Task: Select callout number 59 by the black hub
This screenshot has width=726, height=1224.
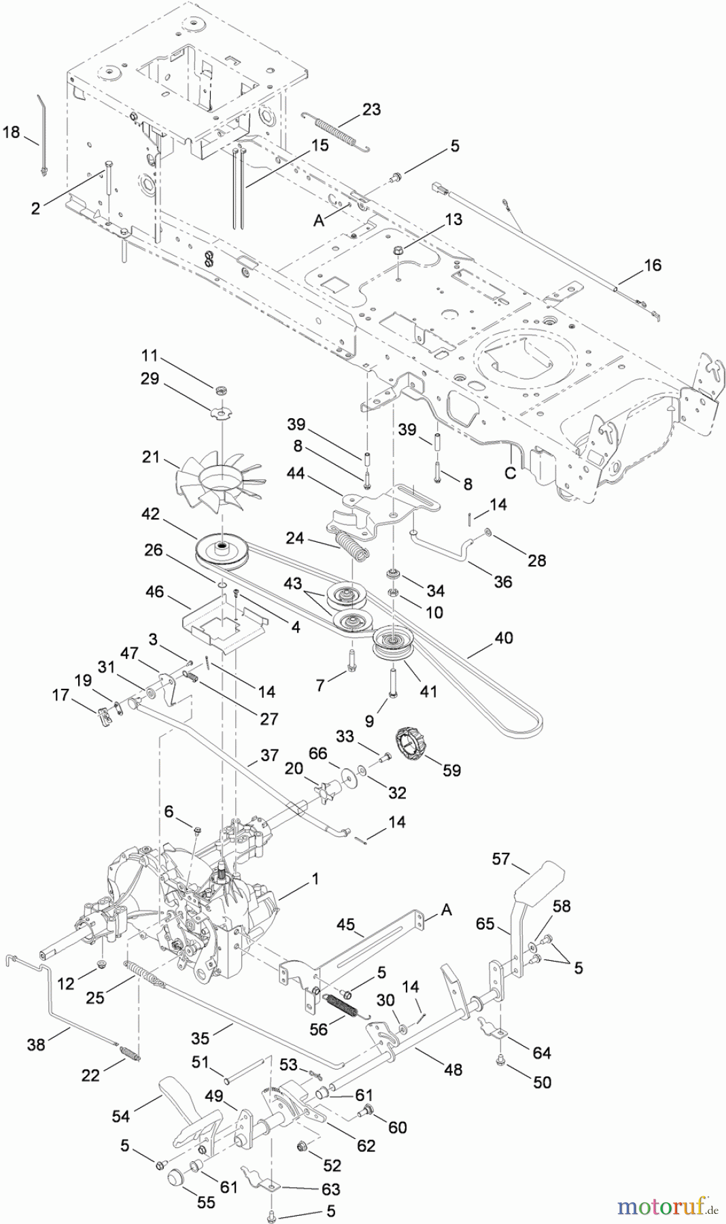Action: (451, 770)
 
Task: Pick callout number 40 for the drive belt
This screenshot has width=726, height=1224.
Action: (504, 638)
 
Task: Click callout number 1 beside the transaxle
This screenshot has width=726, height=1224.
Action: (315, 879)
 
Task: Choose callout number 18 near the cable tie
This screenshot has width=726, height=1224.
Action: (12, 131)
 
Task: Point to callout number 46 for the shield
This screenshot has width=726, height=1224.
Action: (155, 592)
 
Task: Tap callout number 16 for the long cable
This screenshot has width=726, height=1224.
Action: (653, 265)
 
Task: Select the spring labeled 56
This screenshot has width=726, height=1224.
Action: (346, 1004)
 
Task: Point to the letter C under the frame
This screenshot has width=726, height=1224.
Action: (510, 474)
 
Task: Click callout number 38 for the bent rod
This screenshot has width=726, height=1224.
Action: (36, 1043)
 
